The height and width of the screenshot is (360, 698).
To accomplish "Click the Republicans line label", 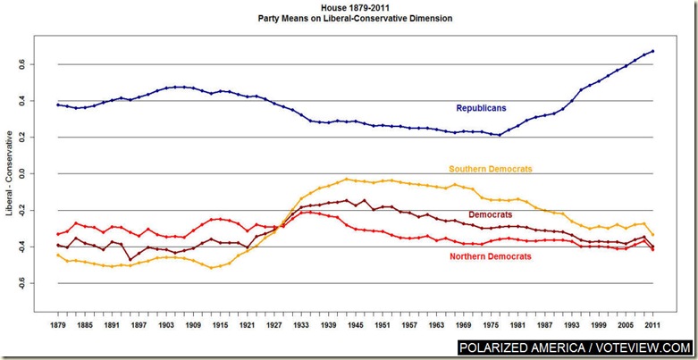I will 481,108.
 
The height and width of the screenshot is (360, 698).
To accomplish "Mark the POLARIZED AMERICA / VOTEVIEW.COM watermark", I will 576,347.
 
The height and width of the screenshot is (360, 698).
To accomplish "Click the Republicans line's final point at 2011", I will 653,51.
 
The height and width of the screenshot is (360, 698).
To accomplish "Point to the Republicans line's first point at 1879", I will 57,105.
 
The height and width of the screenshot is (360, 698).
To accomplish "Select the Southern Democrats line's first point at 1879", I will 57,255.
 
